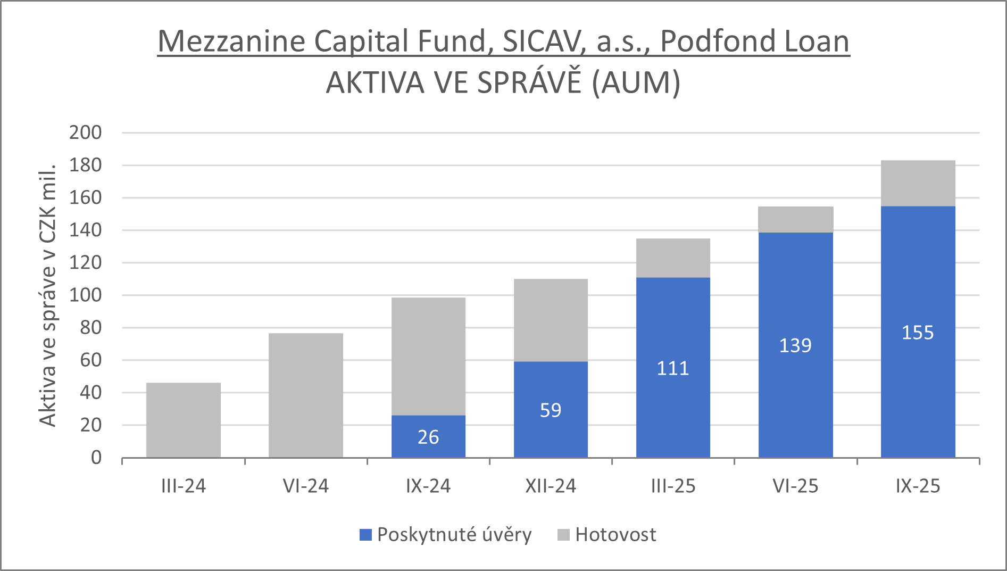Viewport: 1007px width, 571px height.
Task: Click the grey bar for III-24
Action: coord(184,420)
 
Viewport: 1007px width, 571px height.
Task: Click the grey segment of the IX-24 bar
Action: coord(428,356)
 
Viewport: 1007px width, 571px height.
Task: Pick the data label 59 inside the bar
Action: coord(551,410)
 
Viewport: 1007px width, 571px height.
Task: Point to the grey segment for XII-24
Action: coord(551,320)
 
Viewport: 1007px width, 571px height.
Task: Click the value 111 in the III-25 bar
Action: coord(673,368)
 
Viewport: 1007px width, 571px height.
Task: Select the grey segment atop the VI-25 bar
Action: coord(795,219)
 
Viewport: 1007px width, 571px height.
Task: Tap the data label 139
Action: coord(795,345)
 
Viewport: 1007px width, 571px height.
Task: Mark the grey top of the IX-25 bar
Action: coord(918,183)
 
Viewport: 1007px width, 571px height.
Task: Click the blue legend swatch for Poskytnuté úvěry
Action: coord(365,535)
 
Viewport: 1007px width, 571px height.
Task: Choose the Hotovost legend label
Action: coord(615,535)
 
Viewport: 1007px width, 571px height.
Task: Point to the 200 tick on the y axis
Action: coord(85,133)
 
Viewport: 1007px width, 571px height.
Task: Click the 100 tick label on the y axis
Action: coord(85,295)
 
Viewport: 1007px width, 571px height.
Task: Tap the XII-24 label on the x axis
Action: coord(551,486)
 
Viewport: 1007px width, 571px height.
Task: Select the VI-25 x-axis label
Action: coord(795,486)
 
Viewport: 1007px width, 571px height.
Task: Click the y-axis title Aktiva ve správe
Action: coord(47,295)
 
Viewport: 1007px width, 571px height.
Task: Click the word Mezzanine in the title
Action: coord(231,42)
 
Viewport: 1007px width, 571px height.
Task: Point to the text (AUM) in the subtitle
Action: coord(636,83)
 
